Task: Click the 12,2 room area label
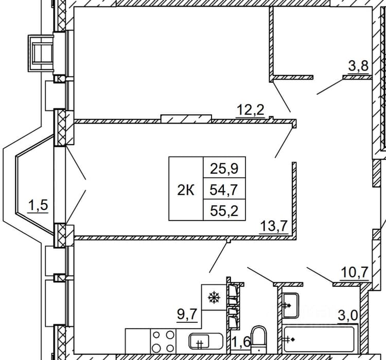point(250,110)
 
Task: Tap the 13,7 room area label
point(274,226)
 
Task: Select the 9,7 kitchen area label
point(187,314)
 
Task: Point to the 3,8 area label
point(358,66)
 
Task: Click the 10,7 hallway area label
point(355,272)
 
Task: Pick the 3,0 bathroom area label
point(347,315)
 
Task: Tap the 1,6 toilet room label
point(241,341)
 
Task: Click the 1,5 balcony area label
point(38,205)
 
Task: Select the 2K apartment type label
point(186,190)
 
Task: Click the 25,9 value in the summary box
point(224,168)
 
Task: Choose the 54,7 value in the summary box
point(224,190)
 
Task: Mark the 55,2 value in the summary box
point(224,211)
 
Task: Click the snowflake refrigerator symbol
point(214,297)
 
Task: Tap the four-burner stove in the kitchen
point(163,341)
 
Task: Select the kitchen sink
point(206,342)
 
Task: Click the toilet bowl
point(259,340)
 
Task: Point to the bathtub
point(319,339)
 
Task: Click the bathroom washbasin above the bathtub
point(290,305)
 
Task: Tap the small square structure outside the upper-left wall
point(41,53)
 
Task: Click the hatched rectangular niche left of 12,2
point(186,119)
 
